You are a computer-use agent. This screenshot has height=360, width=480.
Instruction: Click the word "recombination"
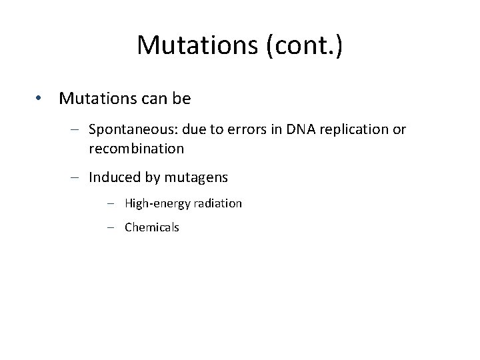[x=135, y=149]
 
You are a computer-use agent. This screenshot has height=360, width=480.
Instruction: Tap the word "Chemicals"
[x=152, y=227]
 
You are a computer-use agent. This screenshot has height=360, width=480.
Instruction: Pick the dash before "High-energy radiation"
[x=111, y=203]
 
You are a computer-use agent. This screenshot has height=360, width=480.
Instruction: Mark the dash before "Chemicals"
[x=111, y=227]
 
